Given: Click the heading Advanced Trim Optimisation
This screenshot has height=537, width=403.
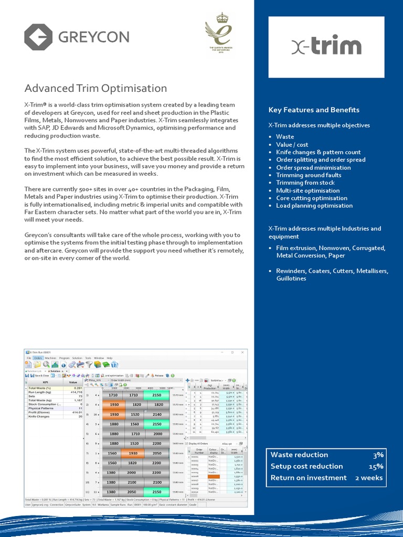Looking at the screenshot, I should coord(96,88).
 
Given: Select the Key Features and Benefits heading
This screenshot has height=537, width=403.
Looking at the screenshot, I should coord(314,110).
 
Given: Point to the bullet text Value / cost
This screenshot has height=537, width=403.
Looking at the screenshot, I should coord(292,144).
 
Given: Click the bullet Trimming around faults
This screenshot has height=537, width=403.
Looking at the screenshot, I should coord(308,175).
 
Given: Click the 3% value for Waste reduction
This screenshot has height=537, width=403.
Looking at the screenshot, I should coord(377,455).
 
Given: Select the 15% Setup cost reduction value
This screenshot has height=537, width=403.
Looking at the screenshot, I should coord(376,466).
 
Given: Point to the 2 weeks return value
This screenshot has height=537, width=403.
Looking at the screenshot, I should coord(369,478).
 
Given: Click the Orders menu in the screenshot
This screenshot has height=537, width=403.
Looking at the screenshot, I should coord(38,358).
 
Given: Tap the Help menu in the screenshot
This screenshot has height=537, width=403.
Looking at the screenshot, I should coord(110,358).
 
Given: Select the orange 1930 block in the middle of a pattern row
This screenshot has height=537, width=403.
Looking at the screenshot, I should coord(133,453).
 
